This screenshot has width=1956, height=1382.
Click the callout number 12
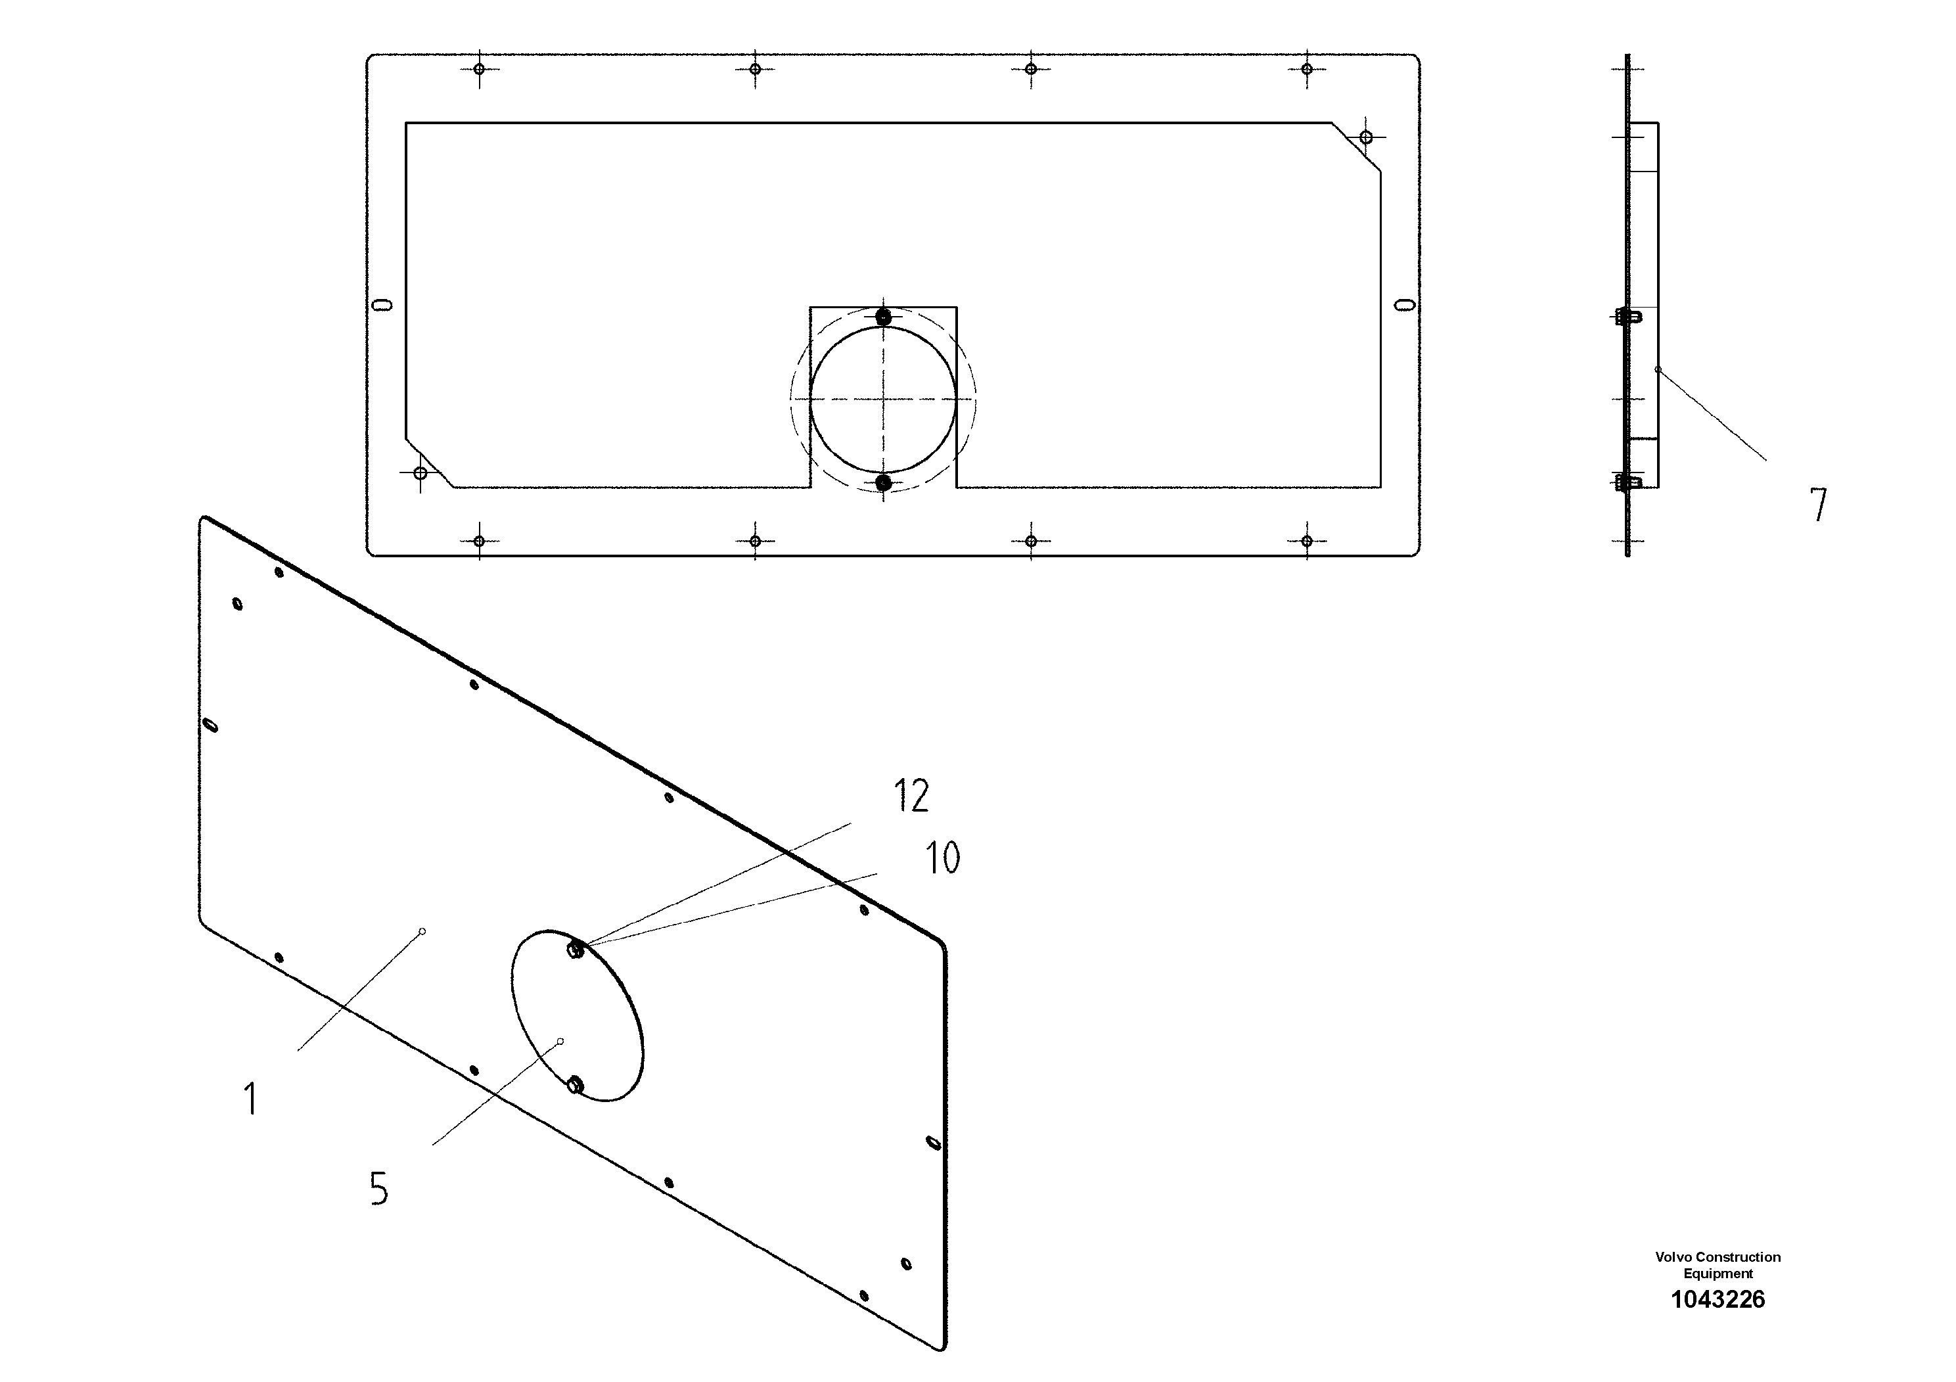[x=911, y=796]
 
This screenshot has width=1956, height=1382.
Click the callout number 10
[x=942, y=858]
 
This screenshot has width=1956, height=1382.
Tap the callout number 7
[x=1818, y=505]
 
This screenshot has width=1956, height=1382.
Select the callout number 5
[x=379, y=1189]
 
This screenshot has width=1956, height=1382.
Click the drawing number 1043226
[x=1717, y=1299]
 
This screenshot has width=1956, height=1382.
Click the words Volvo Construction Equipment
[x=1717, y=1265]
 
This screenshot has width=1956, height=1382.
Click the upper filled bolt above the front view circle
[x=884, y=317]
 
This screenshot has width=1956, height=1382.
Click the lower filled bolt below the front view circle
[x=884, y=483]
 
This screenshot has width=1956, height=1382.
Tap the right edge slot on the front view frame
[x=1404, y=304]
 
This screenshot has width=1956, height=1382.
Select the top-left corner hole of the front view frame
[x=479, y=69]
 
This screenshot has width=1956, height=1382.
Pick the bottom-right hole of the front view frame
[x=1307, y=541]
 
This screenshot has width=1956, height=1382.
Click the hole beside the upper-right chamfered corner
[x=1365, y=137]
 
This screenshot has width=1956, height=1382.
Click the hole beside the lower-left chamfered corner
[x=420, y=473]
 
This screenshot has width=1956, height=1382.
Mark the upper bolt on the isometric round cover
[x=575, y=949]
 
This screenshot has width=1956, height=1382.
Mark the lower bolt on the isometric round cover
[x=575, y=1085]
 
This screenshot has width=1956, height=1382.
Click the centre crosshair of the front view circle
[x=884, y=399]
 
